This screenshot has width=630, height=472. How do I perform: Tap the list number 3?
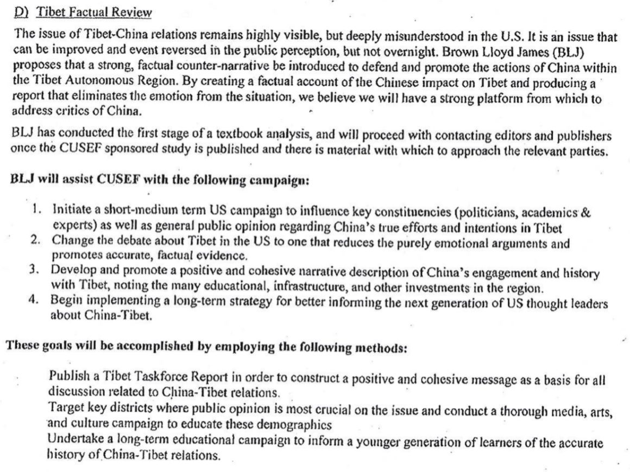[x=38, y=270]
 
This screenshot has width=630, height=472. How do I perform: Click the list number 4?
[x=38, y=299]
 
